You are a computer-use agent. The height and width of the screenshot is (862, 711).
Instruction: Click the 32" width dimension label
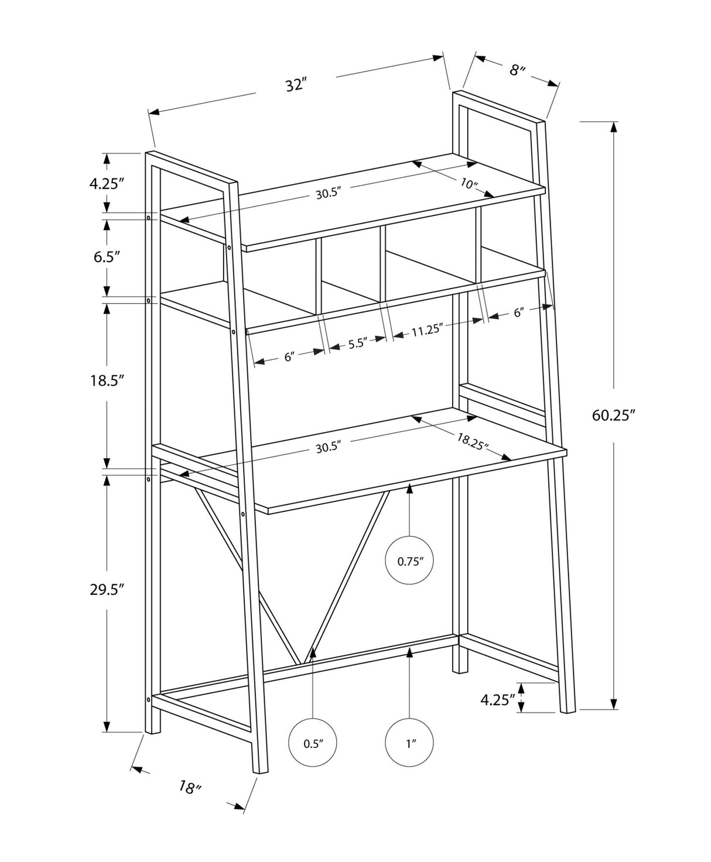coord(296,84)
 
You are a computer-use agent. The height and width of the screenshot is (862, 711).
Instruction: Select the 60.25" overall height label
coord(613,415)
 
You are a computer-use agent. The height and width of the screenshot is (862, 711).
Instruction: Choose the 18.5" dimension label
coord(106,381)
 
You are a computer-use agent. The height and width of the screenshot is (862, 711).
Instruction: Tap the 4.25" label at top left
coord(107,183)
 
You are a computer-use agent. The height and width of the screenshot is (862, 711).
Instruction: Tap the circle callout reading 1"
coord(409,744)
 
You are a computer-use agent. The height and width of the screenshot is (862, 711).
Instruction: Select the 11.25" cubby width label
coord(426,329)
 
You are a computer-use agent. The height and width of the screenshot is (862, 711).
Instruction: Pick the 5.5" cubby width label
coord(357,343)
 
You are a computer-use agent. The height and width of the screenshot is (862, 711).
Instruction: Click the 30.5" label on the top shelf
coord(328,194)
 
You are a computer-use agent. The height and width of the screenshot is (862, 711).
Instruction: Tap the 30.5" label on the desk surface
coord(327,448)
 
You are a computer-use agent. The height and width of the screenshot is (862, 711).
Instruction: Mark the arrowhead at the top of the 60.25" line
coord(613,126)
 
